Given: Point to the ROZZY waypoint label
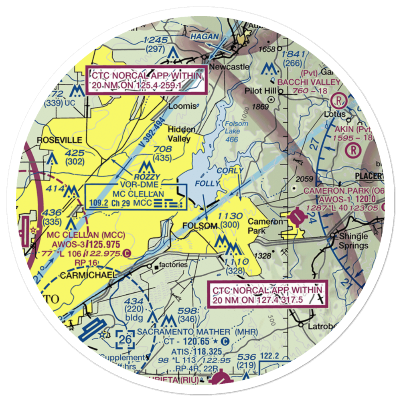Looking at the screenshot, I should click(x=147, y=177).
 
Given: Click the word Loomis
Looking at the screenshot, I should click(x=183, y=106).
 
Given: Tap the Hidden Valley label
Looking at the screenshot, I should click(x=182, y=134).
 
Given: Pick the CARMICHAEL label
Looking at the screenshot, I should click(x=88, y=275).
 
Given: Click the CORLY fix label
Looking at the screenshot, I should click(x=230, y=170).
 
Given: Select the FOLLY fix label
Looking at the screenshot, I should click(x=207, y=184).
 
